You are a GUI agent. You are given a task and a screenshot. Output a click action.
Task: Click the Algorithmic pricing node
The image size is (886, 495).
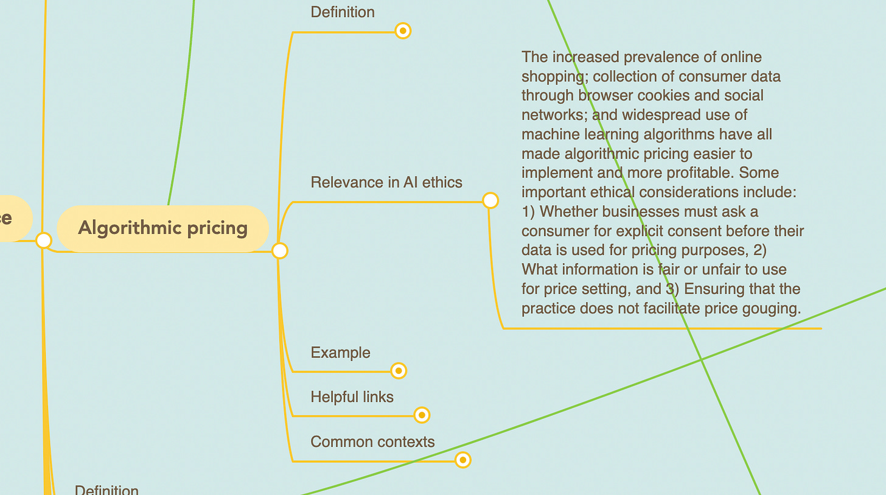[x=162, y=228]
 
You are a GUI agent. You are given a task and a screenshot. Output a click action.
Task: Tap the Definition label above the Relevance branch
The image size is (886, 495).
[x=343, y=12]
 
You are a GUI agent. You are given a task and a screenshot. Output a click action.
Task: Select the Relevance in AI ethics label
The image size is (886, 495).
[x=386, y=182]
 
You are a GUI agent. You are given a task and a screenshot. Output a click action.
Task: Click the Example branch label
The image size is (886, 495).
[x=340, y=353]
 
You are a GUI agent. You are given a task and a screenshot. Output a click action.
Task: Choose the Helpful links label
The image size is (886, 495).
[x=352, y=397]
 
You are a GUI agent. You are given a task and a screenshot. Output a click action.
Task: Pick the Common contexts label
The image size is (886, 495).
[x=372, y=441]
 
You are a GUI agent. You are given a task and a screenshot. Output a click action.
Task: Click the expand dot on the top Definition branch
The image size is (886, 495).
[x=403, y=30]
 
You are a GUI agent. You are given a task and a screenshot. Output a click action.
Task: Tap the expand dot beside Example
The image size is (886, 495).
[x=398, y=370]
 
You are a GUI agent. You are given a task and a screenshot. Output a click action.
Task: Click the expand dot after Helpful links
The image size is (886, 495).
[x=422, y=415]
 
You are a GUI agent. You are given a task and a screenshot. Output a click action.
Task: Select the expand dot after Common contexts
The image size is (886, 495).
[x=462, y=460]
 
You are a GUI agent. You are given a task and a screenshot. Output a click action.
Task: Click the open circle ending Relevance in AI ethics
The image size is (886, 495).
[x=490, y=200]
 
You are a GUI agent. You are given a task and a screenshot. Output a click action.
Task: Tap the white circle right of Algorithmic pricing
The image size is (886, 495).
[x=279, y=250]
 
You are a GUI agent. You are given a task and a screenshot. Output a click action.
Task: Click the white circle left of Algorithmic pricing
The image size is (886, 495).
[x=43, y=240]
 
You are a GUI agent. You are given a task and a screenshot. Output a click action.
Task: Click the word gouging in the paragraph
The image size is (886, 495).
[x=771, y=308]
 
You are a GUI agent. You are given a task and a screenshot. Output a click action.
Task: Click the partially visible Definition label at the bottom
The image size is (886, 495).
[x=106, y=490]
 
